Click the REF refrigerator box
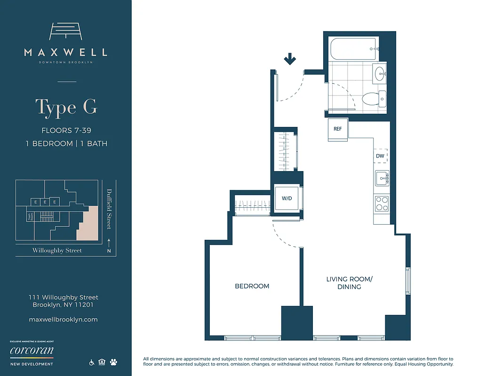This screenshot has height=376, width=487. [338, 128]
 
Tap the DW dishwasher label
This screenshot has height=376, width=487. [380, 156]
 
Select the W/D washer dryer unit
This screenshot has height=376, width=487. [287, 198]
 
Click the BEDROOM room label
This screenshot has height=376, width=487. [252, 286]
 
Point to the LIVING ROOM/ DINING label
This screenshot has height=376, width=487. [349, 282]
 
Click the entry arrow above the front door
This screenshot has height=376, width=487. [290, 59]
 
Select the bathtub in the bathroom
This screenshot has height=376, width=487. [351, 47]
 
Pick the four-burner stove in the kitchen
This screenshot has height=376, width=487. [381, 203]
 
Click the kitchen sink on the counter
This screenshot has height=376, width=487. [382, 178]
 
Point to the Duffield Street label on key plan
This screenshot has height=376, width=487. [109, 209]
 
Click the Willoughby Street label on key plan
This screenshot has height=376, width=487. [57, 251]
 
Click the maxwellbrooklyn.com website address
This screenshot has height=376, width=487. [63, 319]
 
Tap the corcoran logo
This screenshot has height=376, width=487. [32, 351]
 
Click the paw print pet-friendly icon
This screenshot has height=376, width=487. [114, 362]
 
